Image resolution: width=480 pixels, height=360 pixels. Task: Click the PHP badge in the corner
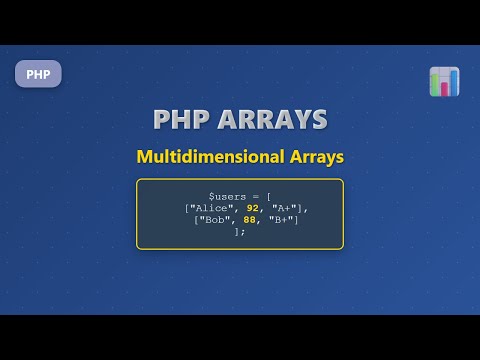(x=38, y=74)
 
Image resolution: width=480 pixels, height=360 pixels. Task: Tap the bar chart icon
(x=444, y=81)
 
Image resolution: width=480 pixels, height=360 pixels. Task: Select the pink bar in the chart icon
(x=444, y=88)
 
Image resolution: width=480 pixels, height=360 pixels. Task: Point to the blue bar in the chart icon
(x=453, y=81)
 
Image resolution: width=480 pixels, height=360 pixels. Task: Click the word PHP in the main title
(x=182, y=119)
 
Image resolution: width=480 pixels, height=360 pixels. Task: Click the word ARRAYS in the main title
(x=273, y=119)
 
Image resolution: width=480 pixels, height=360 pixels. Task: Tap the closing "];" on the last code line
(x=239, y=231)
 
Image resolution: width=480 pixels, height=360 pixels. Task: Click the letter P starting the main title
(x=162, y=119)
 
